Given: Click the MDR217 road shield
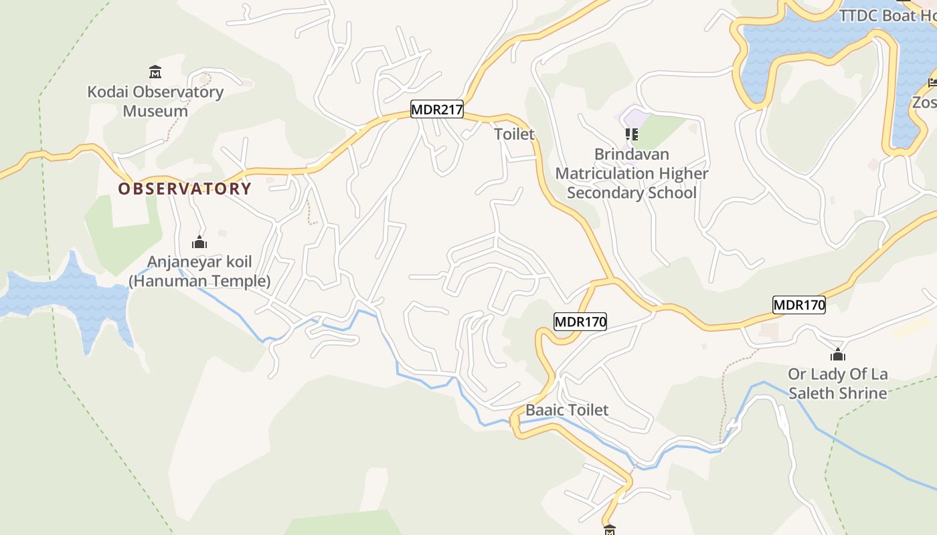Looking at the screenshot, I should pos(437,110).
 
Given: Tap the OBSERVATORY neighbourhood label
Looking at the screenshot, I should pos(185,189).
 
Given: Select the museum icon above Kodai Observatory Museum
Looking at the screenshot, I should pos(155,72).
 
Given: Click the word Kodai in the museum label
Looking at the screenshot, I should pos(107,92).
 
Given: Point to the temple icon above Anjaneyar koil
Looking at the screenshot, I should pos(199,242).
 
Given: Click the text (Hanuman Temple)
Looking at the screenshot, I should pos(199,281).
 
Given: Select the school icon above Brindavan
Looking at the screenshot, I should pos(631,134).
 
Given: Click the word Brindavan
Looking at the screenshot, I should pos(631,154).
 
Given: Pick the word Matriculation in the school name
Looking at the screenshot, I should pos(605,173).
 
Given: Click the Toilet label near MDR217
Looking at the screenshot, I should pos(514,134).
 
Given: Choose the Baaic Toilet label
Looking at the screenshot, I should pos(567,410).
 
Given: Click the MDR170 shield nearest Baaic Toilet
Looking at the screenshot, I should pos(580,322).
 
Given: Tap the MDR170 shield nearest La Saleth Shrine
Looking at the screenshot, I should pos(798,305).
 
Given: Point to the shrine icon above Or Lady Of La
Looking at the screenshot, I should pos(837,354).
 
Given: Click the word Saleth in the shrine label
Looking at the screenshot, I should pos(815,393).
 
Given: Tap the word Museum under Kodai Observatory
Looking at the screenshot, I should pos(155,111).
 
